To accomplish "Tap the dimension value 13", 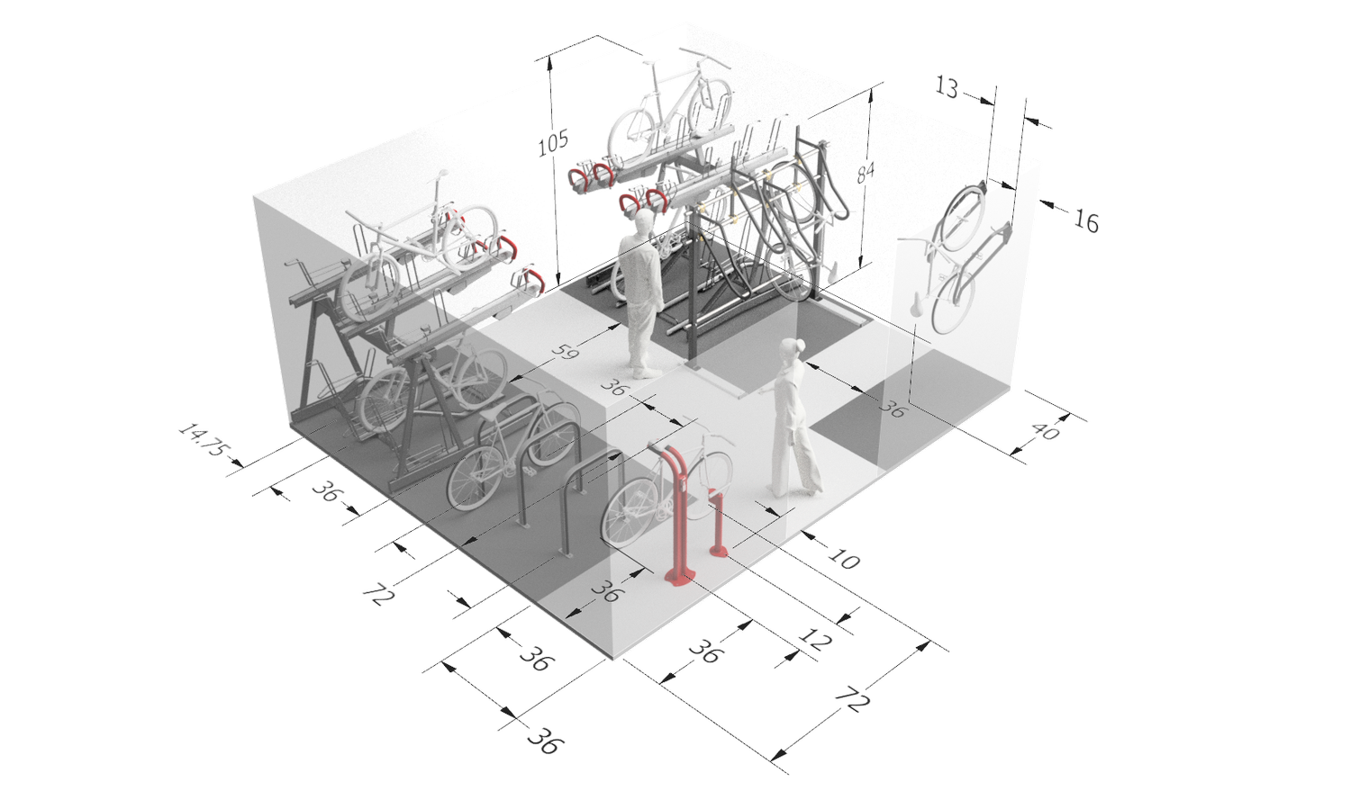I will (x=948, y=85).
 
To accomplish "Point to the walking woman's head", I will (x=791, y=350).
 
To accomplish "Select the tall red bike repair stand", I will (x=678, y=513).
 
